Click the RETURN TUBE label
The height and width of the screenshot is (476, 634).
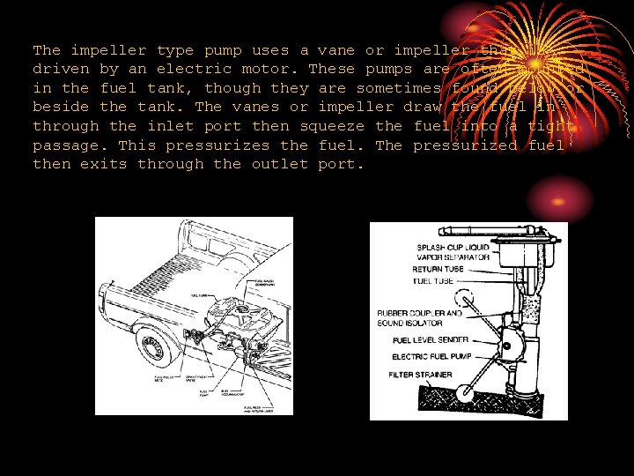tap(438, 270)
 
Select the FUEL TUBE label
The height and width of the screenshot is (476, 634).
tap(432, 281)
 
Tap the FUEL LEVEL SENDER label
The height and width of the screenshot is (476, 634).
tap(431, 340)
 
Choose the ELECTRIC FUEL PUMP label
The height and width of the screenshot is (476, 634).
tap(431, 357)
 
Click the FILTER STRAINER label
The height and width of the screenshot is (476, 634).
tap(421, 375)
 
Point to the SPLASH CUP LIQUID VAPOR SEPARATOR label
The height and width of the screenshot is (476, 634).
tap(452, 251)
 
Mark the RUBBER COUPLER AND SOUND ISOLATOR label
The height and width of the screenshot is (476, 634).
tap(419, 318)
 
